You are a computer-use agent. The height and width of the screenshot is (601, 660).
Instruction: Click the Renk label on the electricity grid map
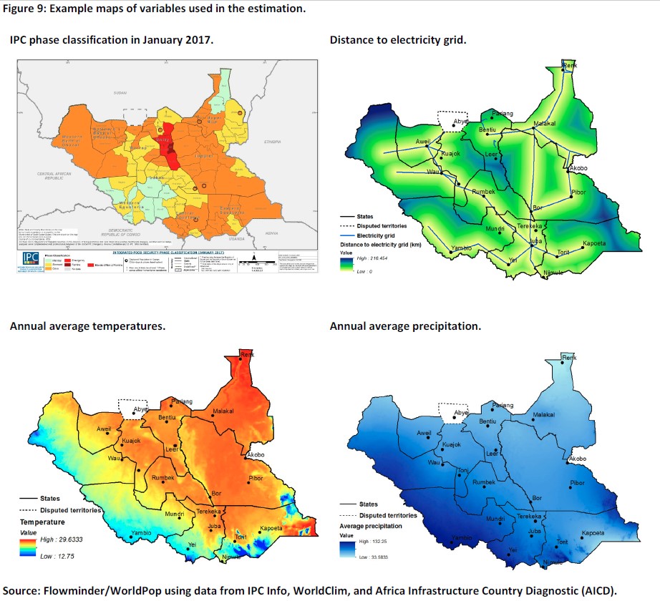click(x=571, y=66)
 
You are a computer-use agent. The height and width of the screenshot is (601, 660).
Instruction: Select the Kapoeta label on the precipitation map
click(x=593, y=533)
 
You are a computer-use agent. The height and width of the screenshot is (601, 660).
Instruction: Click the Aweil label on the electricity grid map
click(x=422, y=141)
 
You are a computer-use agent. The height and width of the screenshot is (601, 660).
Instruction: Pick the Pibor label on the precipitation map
click(x=578, y=483)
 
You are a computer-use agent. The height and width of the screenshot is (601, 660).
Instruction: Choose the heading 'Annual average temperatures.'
click(x=87, y=326)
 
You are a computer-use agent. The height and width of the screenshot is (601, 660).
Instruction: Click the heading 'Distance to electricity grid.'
click(x=397, y=40)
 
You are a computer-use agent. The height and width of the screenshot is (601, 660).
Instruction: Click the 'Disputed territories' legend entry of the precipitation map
click(x=388, y=515)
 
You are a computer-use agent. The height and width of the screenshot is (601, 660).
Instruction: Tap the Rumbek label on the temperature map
click(x=163, y=478)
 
